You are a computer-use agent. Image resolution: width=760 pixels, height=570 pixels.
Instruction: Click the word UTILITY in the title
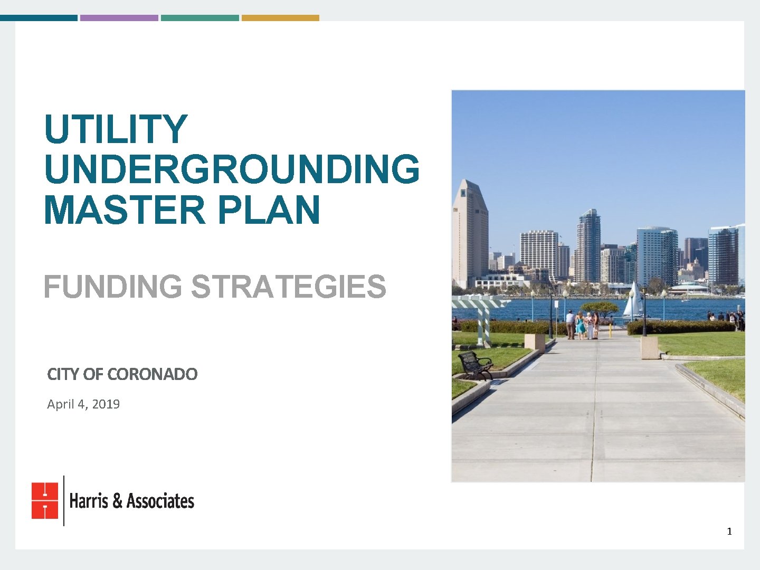(116, 129)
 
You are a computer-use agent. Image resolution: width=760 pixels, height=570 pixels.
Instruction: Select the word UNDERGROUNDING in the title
(232, 169)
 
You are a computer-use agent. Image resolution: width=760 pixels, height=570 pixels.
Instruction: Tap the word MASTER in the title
(124, 210)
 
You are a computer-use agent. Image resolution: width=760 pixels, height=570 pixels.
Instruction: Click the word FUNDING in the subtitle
(112, 287)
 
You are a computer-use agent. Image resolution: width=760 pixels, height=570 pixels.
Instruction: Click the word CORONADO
(152, 374)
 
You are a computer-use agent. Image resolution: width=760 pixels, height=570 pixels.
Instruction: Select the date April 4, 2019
(83, 404)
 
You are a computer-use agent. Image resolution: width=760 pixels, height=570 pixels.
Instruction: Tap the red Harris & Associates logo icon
(45, 500)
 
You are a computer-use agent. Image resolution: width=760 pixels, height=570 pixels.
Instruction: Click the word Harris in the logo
(89, 500)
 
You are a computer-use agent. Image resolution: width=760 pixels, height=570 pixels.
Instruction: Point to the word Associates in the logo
(160, 500)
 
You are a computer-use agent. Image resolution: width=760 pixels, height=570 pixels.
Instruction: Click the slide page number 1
(729, 531)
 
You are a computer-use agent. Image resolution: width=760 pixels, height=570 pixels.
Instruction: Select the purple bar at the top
(119, 18)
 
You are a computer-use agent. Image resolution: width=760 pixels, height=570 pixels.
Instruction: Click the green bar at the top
(199, 18)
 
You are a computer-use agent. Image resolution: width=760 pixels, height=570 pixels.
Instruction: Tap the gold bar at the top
(280, 18)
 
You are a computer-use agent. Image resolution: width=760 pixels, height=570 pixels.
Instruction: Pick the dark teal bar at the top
(39, 18)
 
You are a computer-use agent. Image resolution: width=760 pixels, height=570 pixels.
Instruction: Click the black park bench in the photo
(476, 365)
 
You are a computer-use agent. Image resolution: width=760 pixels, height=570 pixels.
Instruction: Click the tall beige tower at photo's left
(469, 232)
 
